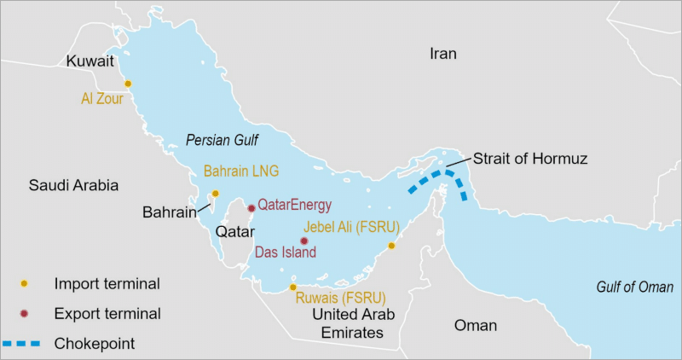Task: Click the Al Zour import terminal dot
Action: (128, 84)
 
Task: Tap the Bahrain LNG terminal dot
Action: (215, 194)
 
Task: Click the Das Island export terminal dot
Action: (303, 241)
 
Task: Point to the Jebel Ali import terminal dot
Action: (391, 246)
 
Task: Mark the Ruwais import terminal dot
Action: (293, 287)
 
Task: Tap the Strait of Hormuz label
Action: (530, 159)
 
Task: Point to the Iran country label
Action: (442, 54)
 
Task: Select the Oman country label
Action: (475, 325)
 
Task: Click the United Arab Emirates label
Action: (352, 324)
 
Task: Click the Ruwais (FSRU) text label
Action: (340, 298)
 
